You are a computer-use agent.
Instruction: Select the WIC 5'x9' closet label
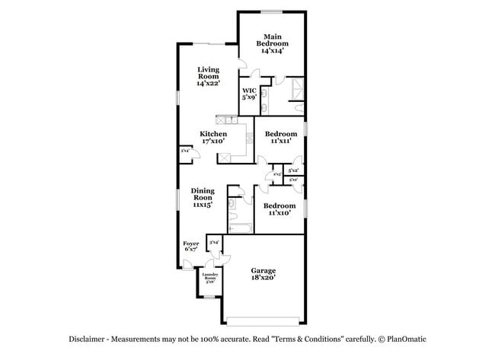pos(249,94)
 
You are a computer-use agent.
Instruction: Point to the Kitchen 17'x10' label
pos(213,138)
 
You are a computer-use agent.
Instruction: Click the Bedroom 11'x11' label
pos(280,138)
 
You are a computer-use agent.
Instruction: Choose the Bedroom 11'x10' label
pos(279,209)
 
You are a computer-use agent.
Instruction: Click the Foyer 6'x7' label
pos(191,247)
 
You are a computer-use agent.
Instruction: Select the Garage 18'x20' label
pos(263,274)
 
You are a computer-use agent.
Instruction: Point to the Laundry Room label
pos(209,279)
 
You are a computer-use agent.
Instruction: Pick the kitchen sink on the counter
pos(249,139)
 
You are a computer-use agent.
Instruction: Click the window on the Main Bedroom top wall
pos(272,11)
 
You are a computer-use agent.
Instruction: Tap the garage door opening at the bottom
pos(263,319)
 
